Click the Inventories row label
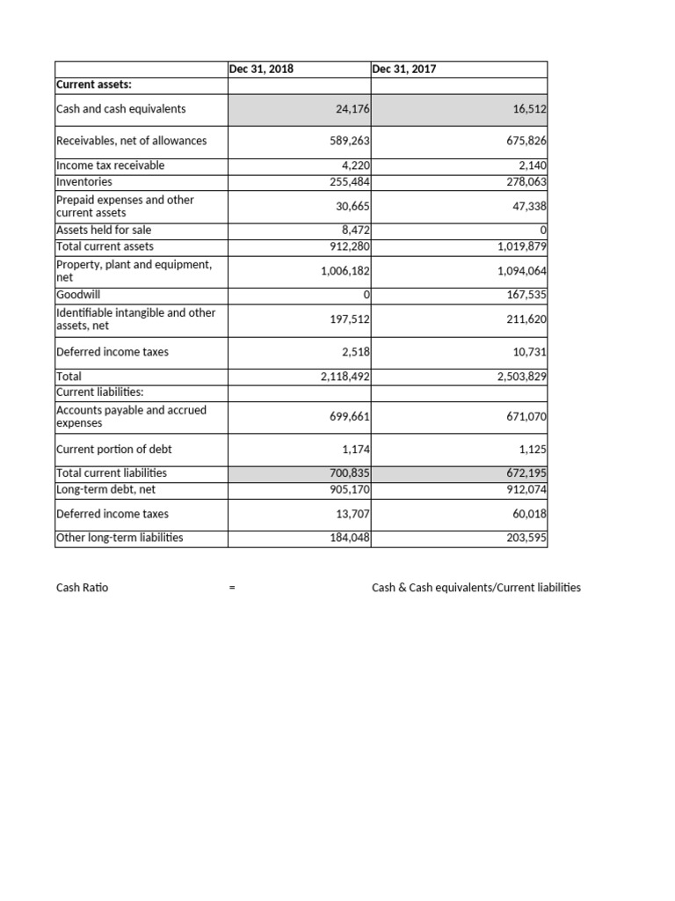click(84, 181)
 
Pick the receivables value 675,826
click(525, 141)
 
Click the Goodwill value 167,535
click(525, 294)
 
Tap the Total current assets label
click(105, 246)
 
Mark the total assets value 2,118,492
click(345, 377)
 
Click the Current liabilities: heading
click(100, 392)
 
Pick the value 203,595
click(525, 538)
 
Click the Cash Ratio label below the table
click(82, 587)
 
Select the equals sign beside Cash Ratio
click(231, 588)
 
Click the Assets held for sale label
click(104, 230)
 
